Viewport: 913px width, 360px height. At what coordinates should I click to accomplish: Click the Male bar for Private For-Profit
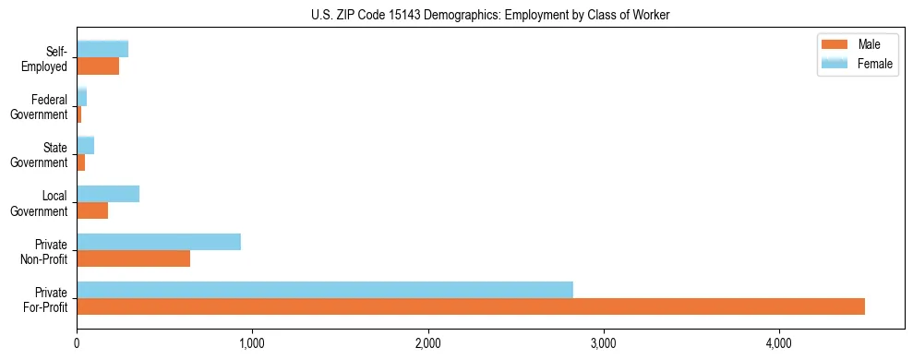pyautogui.click(x=471, y=306)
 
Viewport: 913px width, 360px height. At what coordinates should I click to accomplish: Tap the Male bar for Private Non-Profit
pyautogui.click(x=134, y=258)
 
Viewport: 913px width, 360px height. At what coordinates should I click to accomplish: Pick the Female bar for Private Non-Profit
pyautogui.click(x=159, y=242)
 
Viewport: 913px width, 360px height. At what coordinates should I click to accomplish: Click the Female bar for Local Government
pyautogui.click(x=108, y=194)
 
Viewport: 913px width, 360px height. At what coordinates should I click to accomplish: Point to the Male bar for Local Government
pyautogui.click(x=92, y=210)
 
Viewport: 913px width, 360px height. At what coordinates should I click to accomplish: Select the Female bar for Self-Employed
pyautogui.click(x=102, y=49)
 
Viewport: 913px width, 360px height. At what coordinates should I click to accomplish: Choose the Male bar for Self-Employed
pyautogui.click(x=98, y=66)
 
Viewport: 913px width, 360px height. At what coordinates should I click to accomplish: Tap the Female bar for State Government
pyautogui.click(x=86, y=146)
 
